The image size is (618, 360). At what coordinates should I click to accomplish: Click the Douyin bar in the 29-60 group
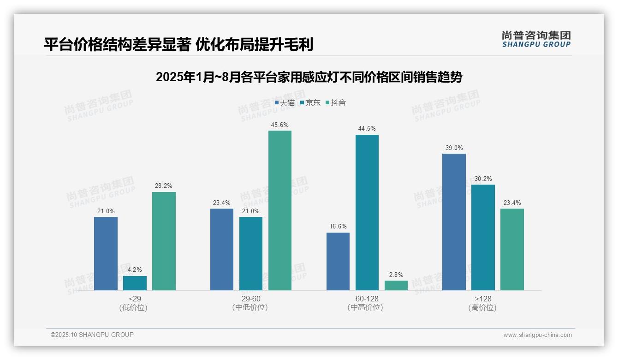click(x=280, y=210)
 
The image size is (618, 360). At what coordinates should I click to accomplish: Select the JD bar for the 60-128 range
click(x=367, y=212)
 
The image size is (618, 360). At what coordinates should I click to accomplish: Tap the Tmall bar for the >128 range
click(x=454, y=222)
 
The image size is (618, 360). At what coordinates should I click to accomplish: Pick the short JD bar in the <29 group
click(x=135, y=283)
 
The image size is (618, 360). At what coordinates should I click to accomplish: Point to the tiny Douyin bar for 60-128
click(x=396, y=286)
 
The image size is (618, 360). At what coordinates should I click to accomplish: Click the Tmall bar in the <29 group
click(x=106, y=253)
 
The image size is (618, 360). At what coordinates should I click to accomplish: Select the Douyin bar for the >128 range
click(x=512, y=249)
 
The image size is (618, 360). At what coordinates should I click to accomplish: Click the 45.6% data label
click(x=280, y=125)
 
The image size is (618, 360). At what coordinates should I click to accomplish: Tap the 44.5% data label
click(x=367, y=129)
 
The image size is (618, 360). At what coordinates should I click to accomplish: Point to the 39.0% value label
click(x=454, y=148)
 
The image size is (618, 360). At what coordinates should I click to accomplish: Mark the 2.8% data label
click(x=396, y=275)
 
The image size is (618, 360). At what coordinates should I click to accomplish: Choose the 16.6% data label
click(x=338, y=227)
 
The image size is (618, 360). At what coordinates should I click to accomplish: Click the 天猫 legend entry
click(x=285, y=103)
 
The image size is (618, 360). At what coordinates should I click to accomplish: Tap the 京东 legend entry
click(x=310, y=103)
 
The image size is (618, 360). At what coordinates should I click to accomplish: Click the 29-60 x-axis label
click(x=250, y=299)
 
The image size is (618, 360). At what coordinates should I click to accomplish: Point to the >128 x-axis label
click(x=483, y=299)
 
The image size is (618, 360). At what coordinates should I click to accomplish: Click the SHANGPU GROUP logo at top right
click(x=536, y=39)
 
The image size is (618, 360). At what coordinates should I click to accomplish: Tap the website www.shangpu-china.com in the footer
click(x=537, y=335)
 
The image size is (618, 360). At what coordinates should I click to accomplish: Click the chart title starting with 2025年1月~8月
click(x=309, y=77)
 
